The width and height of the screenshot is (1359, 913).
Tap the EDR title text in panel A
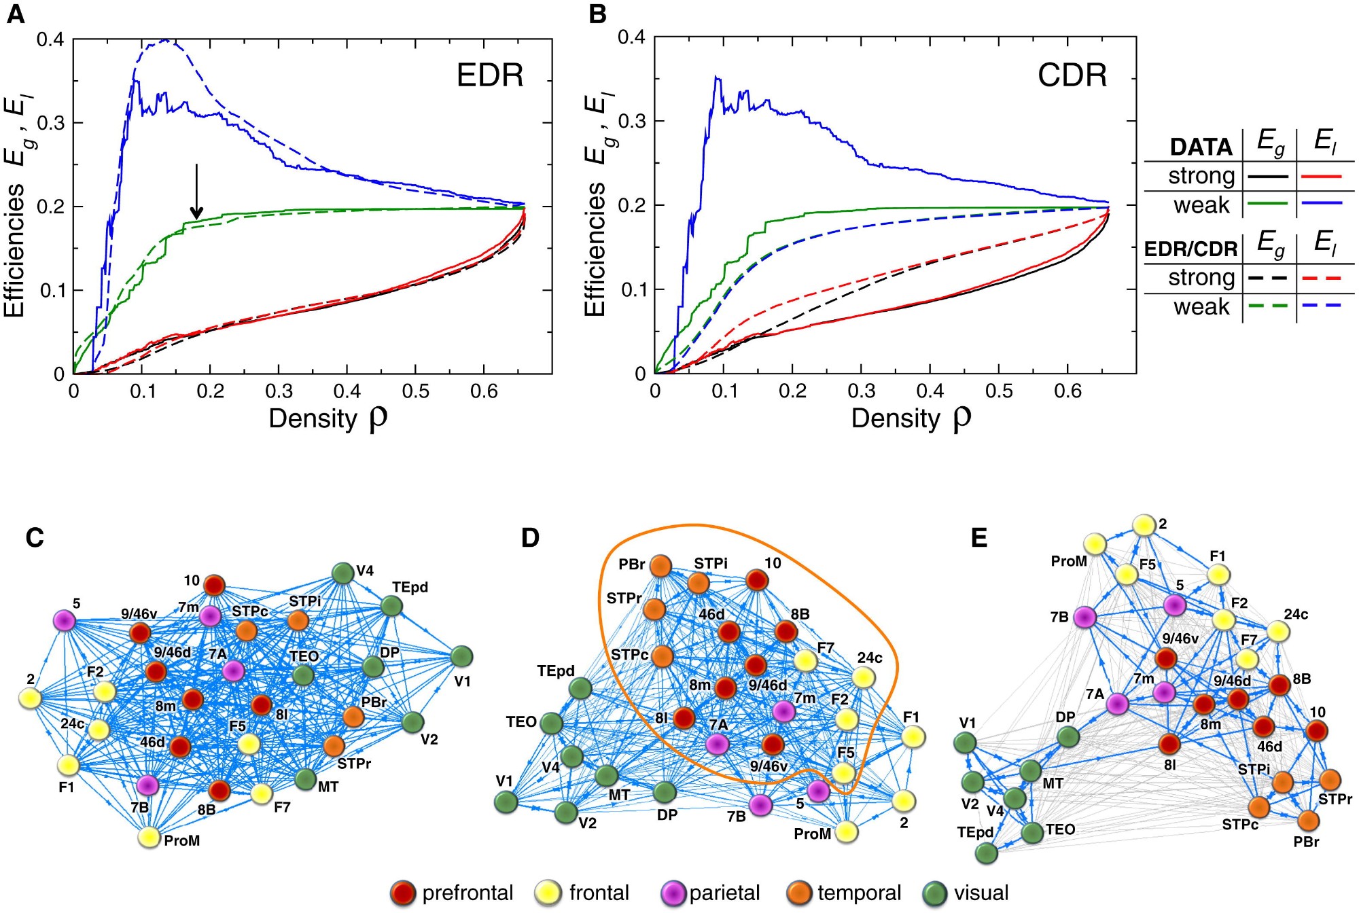(x=490, y=75)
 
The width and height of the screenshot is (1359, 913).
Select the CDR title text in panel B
(x=1072, y=75)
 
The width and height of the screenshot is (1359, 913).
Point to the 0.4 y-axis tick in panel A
(x=50, y=39)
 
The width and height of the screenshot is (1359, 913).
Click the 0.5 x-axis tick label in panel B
(x=998, y=391)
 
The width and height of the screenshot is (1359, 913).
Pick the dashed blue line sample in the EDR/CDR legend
(x=1322, y=306)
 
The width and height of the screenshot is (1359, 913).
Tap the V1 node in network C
(x=461, y=656)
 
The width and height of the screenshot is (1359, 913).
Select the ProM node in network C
(x=149, y=837)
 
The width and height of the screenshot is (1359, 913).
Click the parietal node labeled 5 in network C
(x=64, y=620)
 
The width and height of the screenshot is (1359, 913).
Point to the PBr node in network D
(x=660, y=565)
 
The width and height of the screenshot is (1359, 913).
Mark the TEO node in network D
(x=552, y=723)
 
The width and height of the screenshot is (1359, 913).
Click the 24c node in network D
(x=863, y=677)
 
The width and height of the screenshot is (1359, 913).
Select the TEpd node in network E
(x=987, y=853)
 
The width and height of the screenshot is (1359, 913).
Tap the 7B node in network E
(x=1084, y=617)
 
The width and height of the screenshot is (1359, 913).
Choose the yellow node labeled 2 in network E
(x=1144, y=525)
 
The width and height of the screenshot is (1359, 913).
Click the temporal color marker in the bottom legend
(x=798, y=893)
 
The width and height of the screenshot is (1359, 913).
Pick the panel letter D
(x=530, y=538)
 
